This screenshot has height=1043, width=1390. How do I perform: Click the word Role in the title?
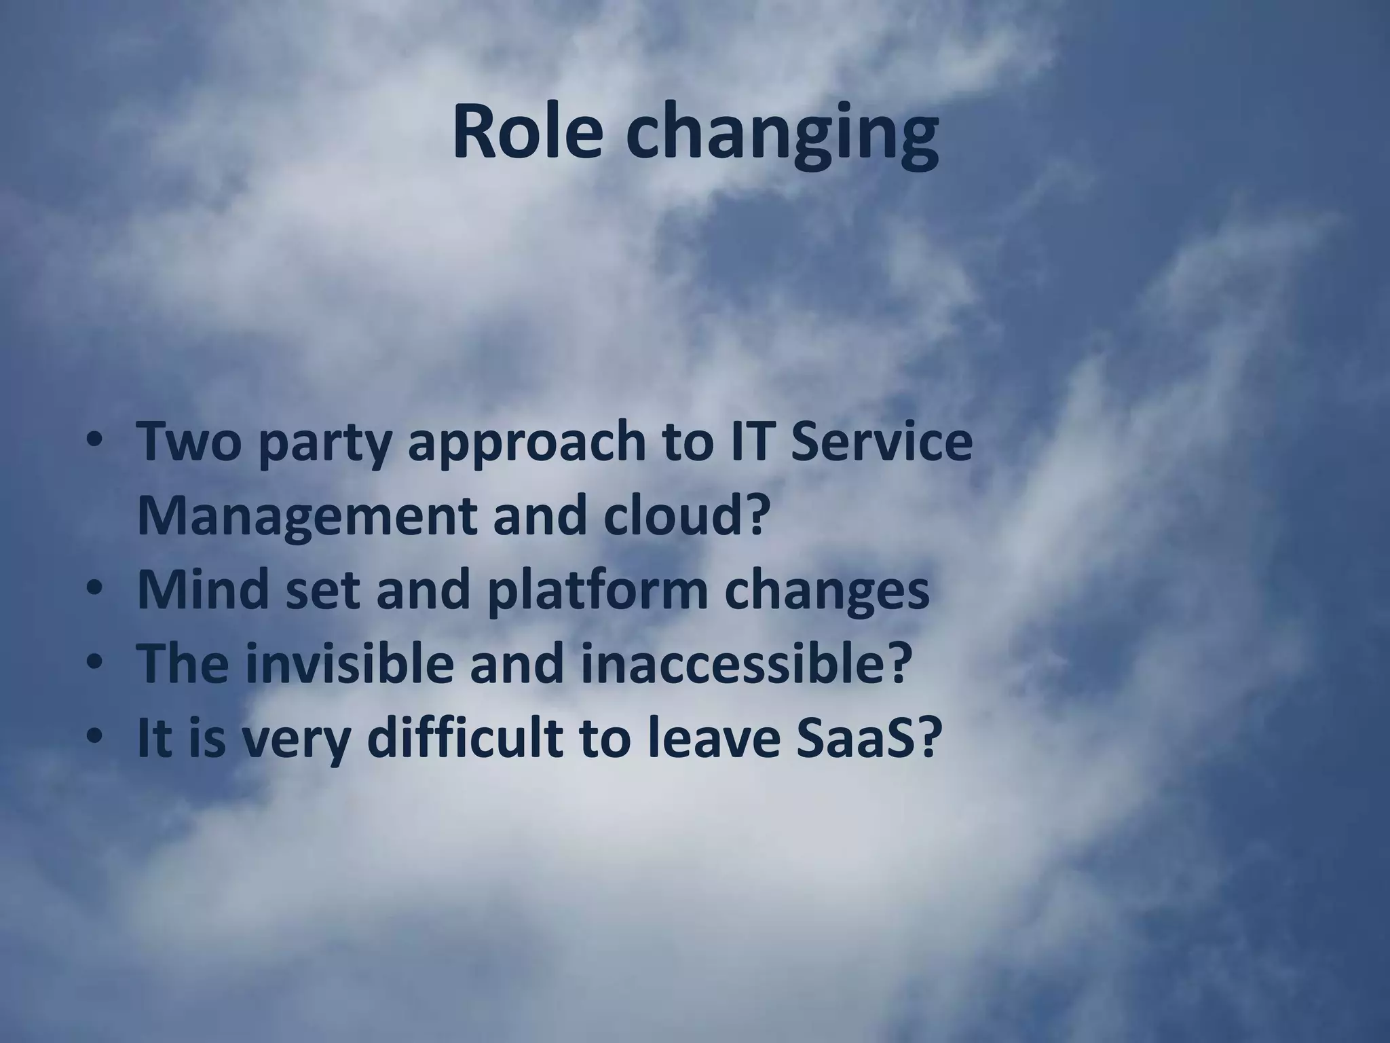coord(527,131)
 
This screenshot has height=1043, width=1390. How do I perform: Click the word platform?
coord(598,591)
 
